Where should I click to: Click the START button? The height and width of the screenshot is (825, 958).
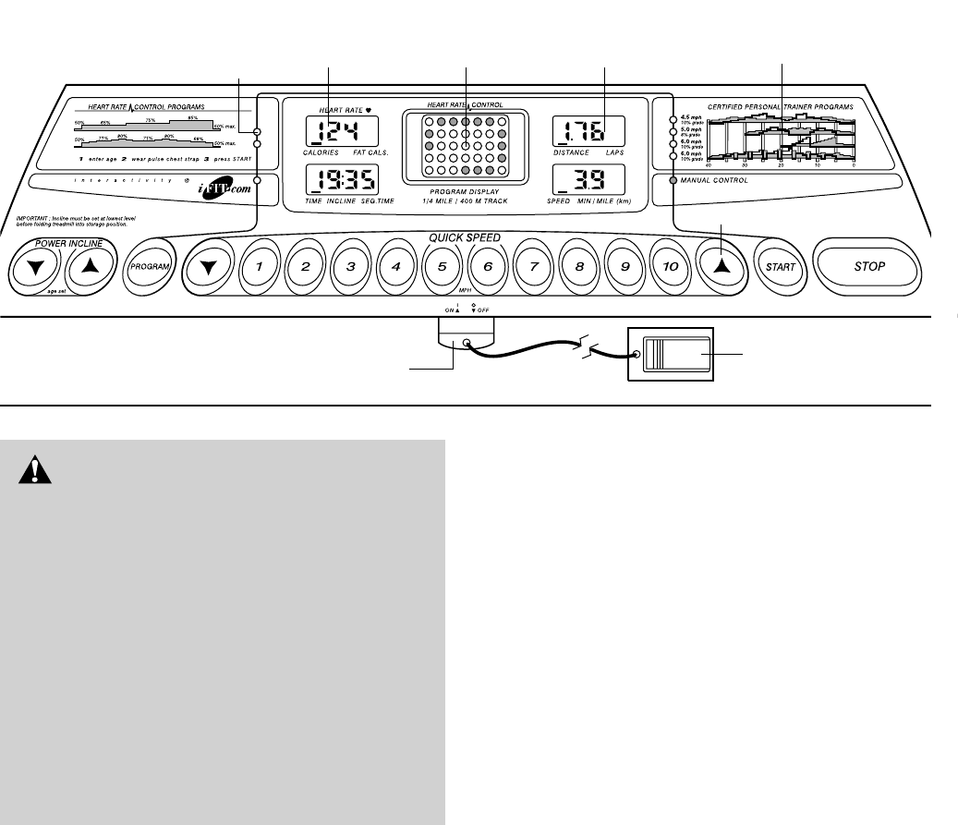[x=777, y=267]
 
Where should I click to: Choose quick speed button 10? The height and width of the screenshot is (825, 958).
[x=670, y=267]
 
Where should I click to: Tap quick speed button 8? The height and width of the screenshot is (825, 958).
[x=579, y=267]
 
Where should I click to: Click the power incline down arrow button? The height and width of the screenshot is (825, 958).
[x=35, y=268]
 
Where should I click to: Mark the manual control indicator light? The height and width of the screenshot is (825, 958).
[x=672, y=180]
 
